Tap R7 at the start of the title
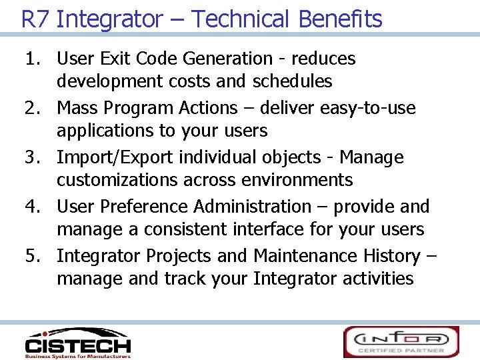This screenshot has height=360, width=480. (x=35, y=19)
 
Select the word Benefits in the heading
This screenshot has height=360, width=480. (x=341, y=19)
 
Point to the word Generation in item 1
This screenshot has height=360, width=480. (x=227, y=59)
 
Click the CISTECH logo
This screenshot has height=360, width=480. (x=78, y=343)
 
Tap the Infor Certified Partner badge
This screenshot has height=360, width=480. (x=401, y=342)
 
